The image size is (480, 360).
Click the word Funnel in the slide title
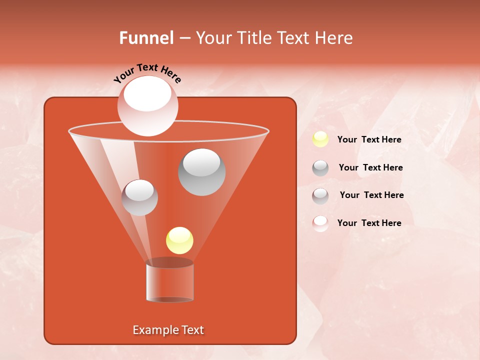tap(146, 38)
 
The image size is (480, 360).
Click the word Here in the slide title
tap(334, 38)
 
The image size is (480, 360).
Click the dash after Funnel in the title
tap(184, 38)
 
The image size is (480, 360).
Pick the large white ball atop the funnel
tap(147, 106)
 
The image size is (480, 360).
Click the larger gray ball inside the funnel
tap(201, 172)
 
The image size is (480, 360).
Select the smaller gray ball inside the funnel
tap(139, 197)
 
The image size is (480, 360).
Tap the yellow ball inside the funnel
tap(179, 240)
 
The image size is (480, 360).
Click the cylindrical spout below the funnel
tap(169, 282)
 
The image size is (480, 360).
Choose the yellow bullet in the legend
tap(320, 139)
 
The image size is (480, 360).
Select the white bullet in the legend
tap(320, 223)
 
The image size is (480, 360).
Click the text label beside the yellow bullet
tap(369, 139)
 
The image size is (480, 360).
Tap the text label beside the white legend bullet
tap(369, 223)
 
